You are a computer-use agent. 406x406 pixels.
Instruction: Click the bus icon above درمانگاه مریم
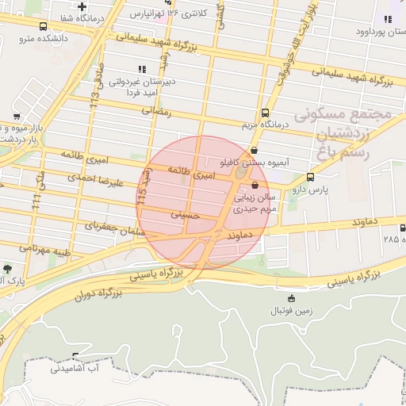point(265,113)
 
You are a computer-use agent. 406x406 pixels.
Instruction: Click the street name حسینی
point(185,215)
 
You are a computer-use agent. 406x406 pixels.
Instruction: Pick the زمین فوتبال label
point(292,312)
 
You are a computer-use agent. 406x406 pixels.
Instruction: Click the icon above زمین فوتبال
point(292,299)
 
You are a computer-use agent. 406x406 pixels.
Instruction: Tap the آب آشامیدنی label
point(77,369)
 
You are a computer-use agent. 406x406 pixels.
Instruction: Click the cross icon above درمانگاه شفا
point(81,7)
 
